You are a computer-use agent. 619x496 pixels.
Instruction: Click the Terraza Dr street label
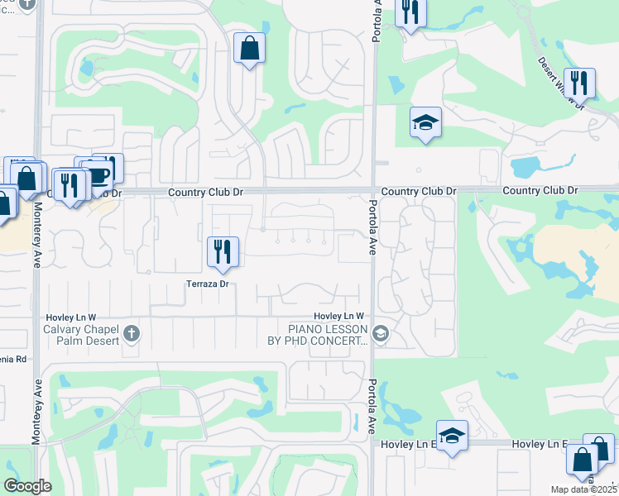click(208, 284)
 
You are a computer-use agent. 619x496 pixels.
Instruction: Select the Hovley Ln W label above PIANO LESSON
click(338, 317)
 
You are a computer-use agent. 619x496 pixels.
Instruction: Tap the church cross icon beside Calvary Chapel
click(131, 334)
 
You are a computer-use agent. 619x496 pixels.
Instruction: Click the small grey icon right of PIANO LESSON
click(381, 334)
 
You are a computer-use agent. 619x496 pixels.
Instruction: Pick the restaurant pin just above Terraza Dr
click(222, 250)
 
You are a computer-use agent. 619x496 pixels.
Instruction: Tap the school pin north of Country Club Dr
click(425, 122)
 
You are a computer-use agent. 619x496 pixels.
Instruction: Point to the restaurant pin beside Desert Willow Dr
click(579, 82)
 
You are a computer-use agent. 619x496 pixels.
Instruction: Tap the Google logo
click(27, 486)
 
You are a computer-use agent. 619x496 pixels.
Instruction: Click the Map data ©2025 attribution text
click(584, 489)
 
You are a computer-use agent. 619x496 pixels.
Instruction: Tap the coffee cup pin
click(98, 174)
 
